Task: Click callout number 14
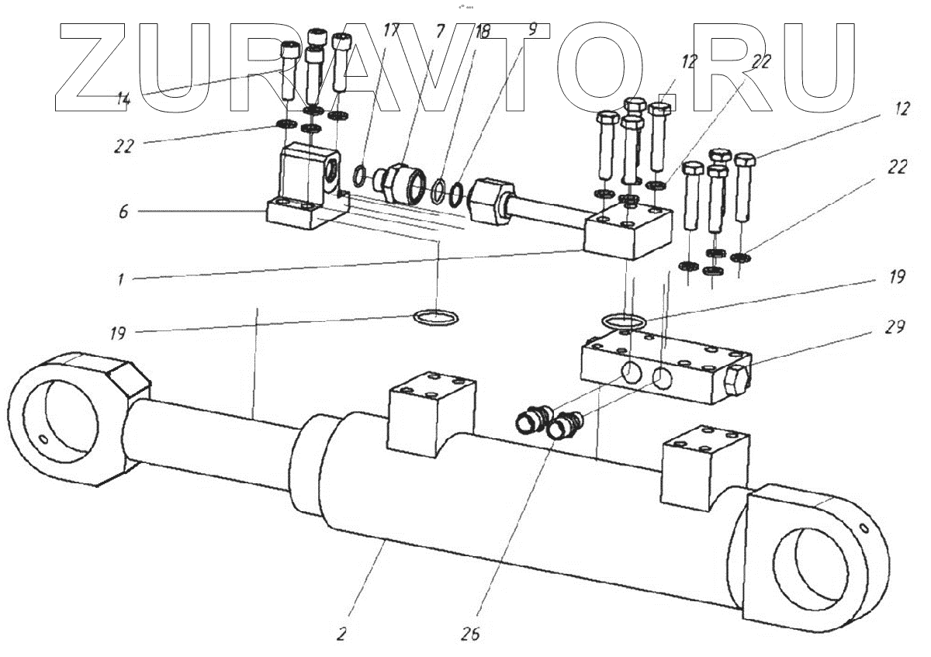coord(123,99)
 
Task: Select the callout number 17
coord(392,31)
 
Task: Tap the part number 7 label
coord(440,31)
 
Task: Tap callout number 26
coord(470,634)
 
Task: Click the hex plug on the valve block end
coord(736,382)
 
